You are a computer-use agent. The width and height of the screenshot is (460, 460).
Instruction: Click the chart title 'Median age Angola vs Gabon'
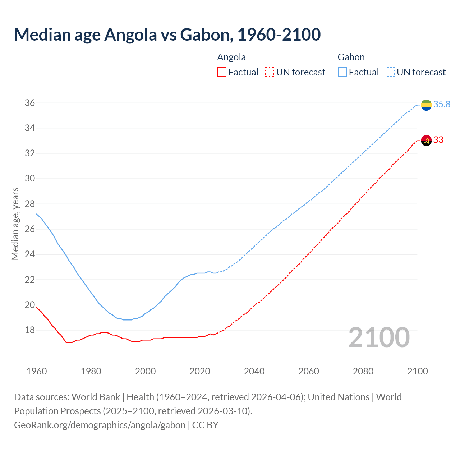click(x=167, y=34)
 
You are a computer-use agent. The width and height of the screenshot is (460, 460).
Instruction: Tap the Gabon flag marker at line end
click(x=426, y=105)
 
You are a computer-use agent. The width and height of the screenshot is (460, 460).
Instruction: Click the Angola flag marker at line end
click(x=426, y=140)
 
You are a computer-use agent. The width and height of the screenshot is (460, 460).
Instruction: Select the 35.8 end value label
click(x=442, y=104)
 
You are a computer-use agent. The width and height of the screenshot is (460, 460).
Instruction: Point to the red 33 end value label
click(x=438, y=140)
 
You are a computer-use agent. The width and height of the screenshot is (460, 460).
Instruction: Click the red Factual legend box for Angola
click(x=222, y=72)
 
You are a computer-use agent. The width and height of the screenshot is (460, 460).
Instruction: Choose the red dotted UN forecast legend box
click(x=270, y=72)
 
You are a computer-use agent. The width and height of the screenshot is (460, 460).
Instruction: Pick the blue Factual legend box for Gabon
click(x=342, y=72)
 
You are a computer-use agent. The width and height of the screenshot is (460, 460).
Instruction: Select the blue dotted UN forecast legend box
click(x=390, y=72)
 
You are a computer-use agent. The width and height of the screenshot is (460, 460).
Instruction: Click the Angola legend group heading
click(x=231, y=57)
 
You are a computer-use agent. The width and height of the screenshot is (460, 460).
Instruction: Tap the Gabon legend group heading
click(x=351, y=57)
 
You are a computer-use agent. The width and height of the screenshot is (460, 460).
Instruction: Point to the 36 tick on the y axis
click(x=30, y=103)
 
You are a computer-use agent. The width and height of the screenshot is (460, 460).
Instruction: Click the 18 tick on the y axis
click(x=30, y=330)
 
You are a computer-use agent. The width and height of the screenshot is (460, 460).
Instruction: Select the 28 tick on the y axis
click(x=30, y=204)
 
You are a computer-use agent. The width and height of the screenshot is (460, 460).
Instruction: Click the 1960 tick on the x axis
click(x=37, y=371)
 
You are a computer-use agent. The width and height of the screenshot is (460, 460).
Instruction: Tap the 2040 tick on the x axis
click(x=254, y=371)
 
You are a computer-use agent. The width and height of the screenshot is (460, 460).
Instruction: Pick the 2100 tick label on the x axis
click(x=417, y=371)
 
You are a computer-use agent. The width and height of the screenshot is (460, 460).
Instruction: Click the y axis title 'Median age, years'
click(x=15, y=224)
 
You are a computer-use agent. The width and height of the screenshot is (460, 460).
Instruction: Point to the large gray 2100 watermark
click(x=379, y=337)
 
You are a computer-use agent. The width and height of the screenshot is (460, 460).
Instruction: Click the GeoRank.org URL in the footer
click(x=100, y=425)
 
